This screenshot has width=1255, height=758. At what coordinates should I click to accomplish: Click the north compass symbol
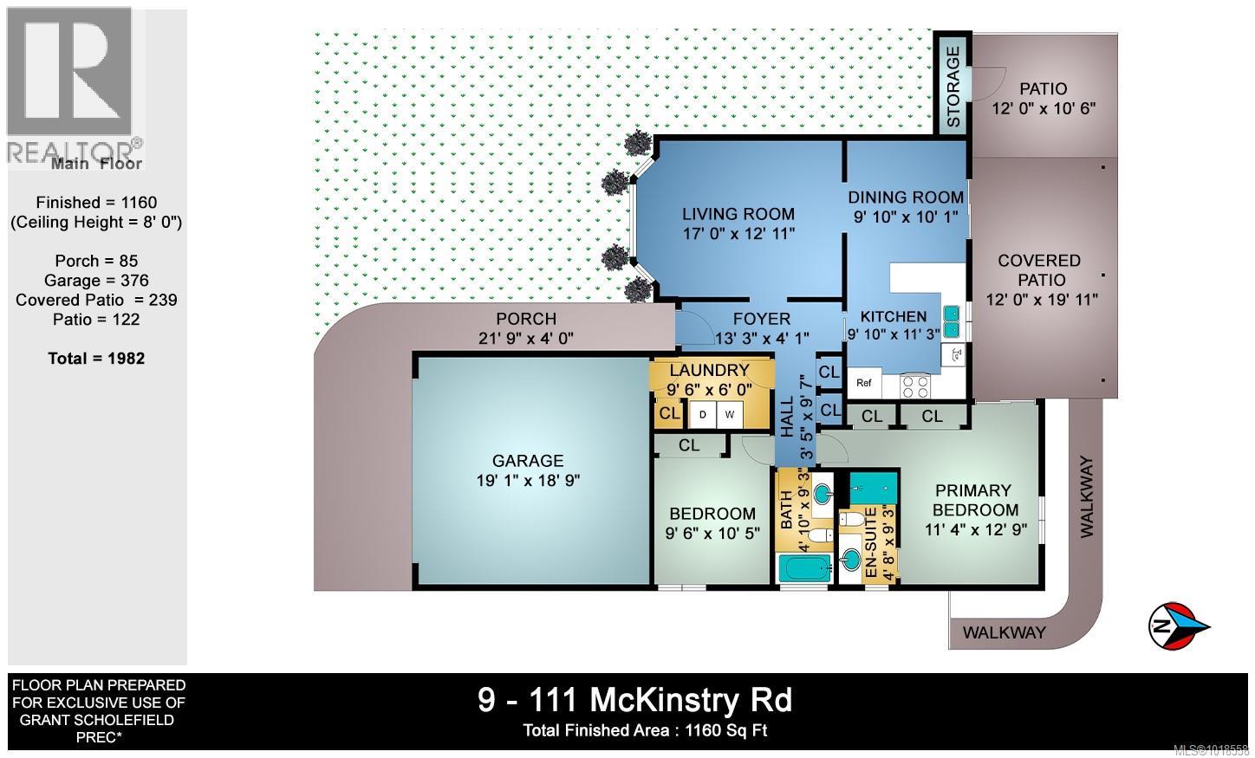point(1179,625)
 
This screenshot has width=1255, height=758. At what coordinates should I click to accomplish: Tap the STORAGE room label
point(953,86)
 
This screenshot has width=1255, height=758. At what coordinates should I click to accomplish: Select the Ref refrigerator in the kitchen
point(864,383)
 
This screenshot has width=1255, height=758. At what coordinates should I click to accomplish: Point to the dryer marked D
point(702,415)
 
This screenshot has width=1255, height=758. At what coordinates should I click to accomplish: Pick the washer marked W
point(730,415)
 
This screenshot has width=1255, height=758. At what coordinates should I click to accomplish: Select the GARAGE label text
point(528,461)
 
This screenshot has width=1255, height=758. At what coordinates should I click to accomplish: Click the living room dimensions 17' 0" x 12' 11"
point(738,233)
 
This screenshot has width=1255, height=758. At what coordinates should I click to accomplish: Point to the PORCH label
point(526,319)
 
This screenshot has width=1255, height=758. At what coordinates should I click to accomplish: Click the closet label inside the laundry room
point(669,414)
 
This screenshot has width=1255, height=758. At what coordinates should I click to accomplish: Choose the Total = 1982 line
point(96,359)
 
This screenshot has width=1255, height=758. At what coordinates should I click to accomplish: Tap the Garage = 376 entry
point(96,280)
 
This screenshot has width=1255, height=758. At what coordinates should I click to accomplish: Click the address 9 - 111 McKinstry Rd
point(634,699)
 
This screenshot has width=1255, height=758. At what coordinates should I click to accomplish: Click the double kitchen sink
point(952,321)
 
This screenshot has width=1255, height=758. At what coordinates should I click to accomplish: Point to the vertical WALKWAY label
point(1087,497)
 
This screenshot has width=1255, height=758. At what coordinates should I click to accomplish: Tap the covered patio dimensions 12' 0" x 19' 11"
point(1042,300)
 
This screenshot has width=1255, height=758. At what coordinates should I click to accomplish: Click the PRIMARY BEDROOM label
point(975,500)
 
